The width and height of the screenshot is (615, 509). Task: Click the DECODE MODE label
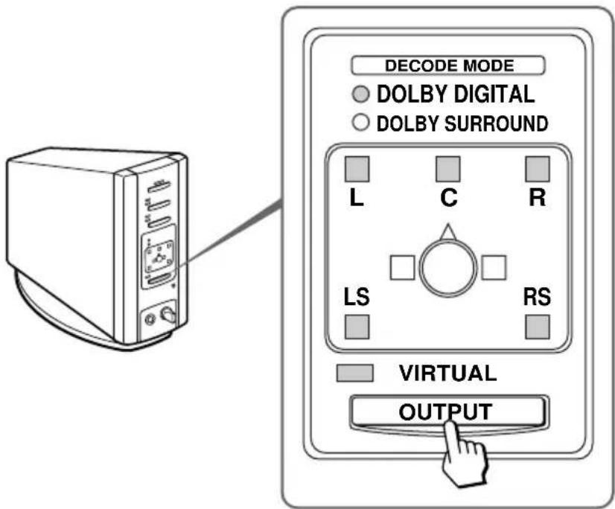[448, 65]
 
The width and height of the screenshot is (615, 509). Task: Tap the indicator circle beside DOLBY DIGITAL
[361, 95]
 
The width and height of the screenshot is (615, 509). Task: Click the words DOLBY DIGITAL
[455, 95]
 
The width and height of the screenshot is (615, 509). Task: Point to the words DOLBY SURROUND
[462, 124]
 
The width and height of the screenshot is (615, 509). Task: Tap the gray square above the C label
[447, 170]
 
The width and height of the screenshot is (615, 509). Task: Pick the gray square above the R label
[537, 170]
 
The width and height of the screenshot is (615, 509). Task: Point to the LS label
[357, 298]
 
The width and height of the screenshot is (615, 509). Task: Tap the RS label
[536, 298]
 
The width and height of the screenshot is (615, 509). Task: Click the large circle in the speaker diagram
[447, 268]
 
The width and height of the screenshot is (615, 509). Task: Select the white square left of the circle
[403, 268]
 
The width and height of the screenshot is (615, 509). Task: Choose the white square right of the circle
[494, 268]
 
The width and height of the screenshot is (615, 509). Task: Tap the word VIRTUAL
[447, 374]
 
